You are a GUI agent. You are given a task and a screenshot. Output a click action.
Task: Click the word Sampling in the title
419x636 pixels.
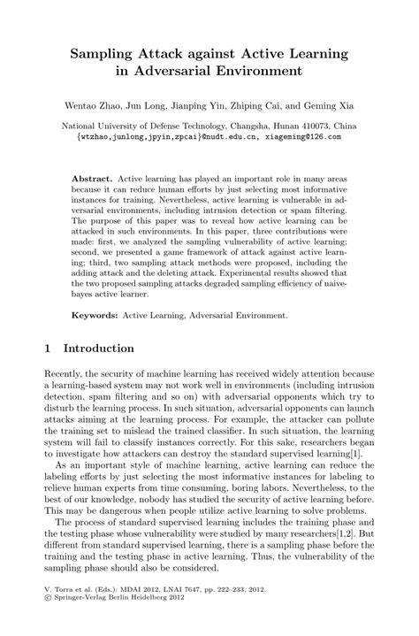[105, 56]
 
